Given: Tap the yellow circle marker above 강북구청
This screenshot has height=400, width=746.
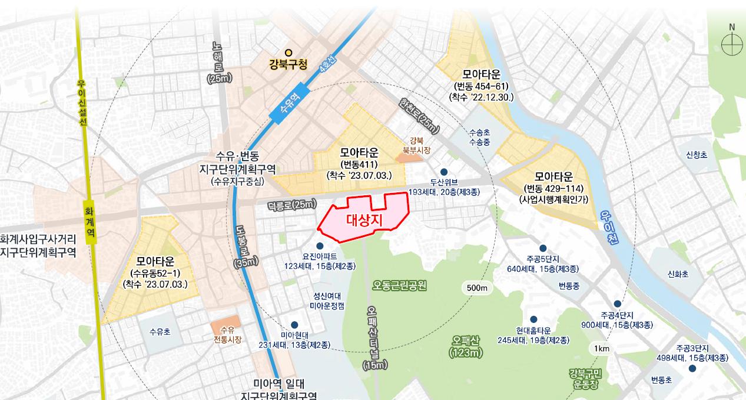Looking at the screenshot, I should pos(289,52).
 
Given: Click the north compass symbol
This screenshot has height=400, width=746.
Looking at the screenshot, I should pos(732,44).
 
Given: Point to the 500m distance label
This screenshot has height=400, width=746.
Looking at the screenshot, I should pos(477,288).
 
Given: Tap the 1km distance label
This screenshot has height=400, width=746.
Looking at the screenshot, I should pos(602,349).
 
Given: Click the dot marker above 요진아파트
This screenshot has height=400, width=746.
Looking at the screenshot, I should pos(320,246).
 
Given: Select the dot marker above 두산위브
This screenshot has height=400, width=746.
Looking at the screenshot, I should pos(444,172).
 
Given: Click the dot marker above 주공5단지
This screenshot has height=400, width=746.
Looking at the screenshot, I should pos(543,248).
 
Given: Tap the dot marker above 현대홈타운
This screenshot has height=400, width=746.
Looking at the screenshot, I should pos(533,319).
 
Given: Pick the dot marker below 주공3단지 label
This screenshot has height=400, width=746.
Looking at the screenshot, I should pos(692,369).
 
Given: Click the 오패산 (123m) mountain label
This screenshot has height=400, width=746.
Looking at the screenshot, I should pos(466,346).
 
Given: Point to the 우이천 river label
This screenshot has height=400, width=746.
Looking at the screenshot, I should pos(609,223).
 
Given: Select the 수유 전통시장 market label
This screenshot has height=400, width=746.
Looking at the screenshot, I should pos(227,335).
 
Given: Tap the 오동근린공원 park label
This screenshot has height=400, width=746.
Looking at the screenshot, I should pos(399,285).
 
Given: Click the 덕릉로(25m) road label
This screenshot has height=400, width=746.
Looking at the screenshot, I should pos(291,204).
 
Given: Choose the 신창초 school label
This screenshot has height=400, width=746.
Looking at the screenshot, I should pos(697,155).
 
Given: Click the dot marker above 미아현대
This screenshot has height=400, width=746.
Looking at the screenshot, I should pos(294,325).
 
